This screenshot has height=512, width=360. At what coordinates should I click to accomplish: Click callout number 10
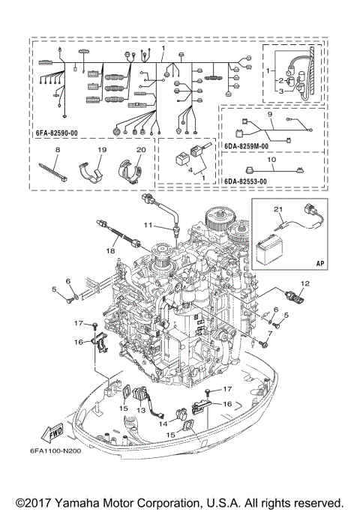coord(272,160)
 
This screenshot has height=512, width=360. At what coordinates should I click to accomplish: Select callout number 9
coord(269,114)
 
